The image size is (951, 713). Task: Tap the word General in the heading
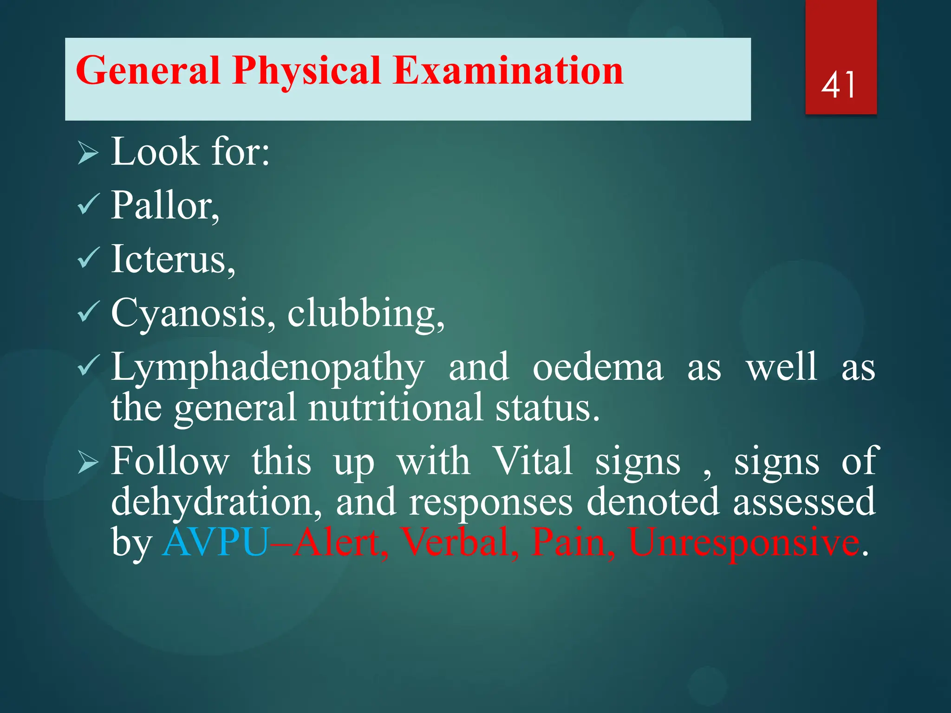(148, 71)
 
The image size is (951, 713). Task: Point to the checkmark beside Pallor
(88, 204)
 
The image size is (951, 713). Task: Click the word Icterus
(173, 259)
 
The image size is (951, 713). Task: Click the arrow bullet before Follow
(88, 462)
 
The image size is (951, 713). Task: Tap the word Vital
(532, 461)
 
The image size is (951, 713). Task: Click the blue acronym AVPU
(216, 542)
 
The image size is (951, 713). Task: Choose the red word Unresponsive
(743, 542)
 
